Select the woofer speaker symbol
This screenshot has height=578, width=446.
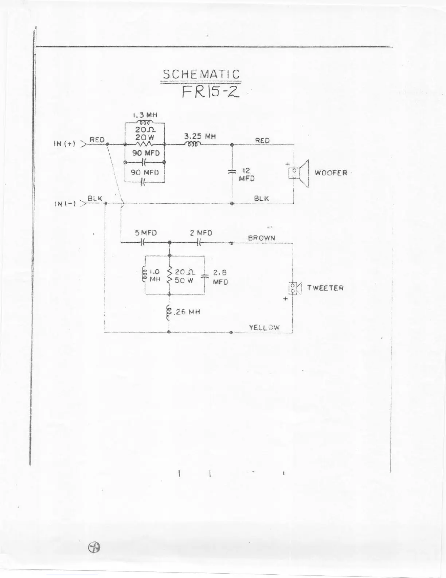(x=298, y=173)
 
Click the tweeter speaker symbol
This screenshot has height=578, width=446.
(x=295, y=288)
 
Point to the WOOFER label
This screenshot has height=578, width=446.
(x=331, y=173)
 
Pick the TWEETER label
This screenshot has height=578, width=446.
(x=325, y=288)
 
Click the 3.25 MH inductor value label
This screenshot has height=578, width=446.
(x=200, y=136)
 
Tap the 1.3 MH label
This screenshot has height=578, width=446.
(x=145, y=115)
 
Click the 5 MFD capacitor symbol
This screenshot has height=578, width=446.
(x=143, y=243)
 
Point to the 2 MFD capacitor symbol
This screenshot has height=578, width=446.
(x=199, y=243)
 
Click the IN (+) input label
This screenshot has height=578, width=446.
(x=64, y=144)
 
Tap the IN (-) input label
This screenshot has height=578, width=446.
(x=64, y=204)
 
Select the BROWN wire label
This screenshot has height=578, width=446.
(x=261, y=238)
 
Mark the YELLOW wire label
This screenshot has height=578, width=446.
(x=264, y=327)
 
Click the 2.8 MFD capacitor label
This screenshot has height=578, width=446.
(x=220, y=277)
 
